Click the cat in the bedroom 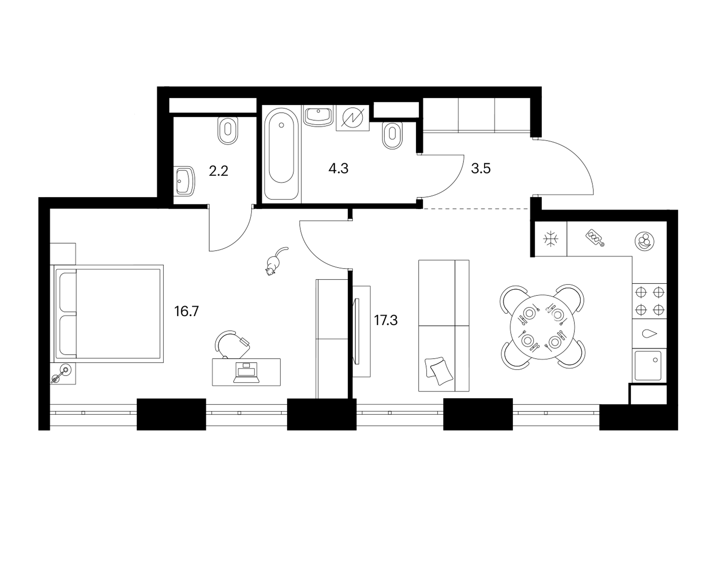[274, 262]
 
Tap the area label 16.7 [187, 311]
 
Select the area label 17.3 [386, 321]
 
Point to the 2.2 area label [219, 171]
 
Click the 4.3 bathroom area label [338, 168]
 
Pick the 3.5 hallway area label [481, 168]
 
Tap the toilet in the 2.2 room [228, 130]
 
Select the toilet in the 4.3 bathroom [392, 135]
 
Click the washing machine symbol [353, 117]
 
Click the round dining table [542, 327]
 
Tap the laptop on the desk [246, 372]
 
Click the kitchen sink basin [648, 366]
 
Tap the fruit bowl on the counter [644, 241]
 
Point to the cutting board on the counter [595, 238]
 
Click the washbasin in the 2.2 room [184, 181]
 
